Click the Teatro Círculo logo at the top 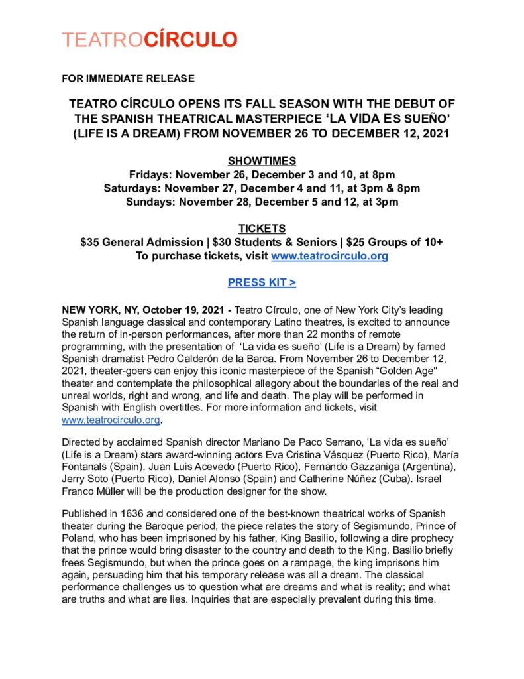point(149,40)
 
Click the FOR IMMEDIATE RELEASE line point(128,78)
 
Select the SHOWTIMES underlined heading point(262,161)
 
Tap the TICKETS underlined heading point(262,229)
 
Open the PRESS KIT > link point(262,283)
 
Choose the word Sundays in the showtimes point(148,202)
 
